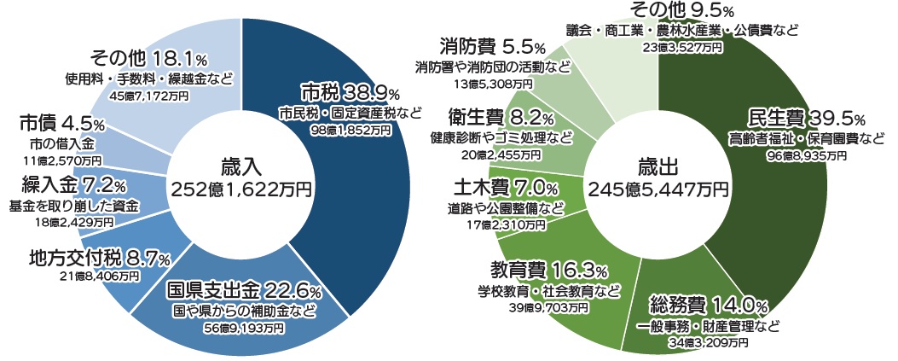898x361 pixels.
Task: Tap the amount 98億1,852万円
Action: [x=350, y=130]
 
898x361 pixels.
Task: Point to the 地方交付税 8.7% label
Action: [x=99, y=257]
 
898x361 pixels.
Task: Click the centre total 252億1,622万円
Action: [x=241, y=186]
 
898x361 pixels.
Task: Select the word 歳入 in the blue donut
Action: [x=241, y=166]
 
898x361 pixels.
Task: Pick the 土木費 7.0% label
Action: [x=505, y=186]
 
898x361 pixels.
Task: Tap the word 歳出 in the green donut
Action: [x=657, y=166]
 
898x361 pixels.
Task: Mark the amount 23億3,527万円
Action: [x=682, y=49]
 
